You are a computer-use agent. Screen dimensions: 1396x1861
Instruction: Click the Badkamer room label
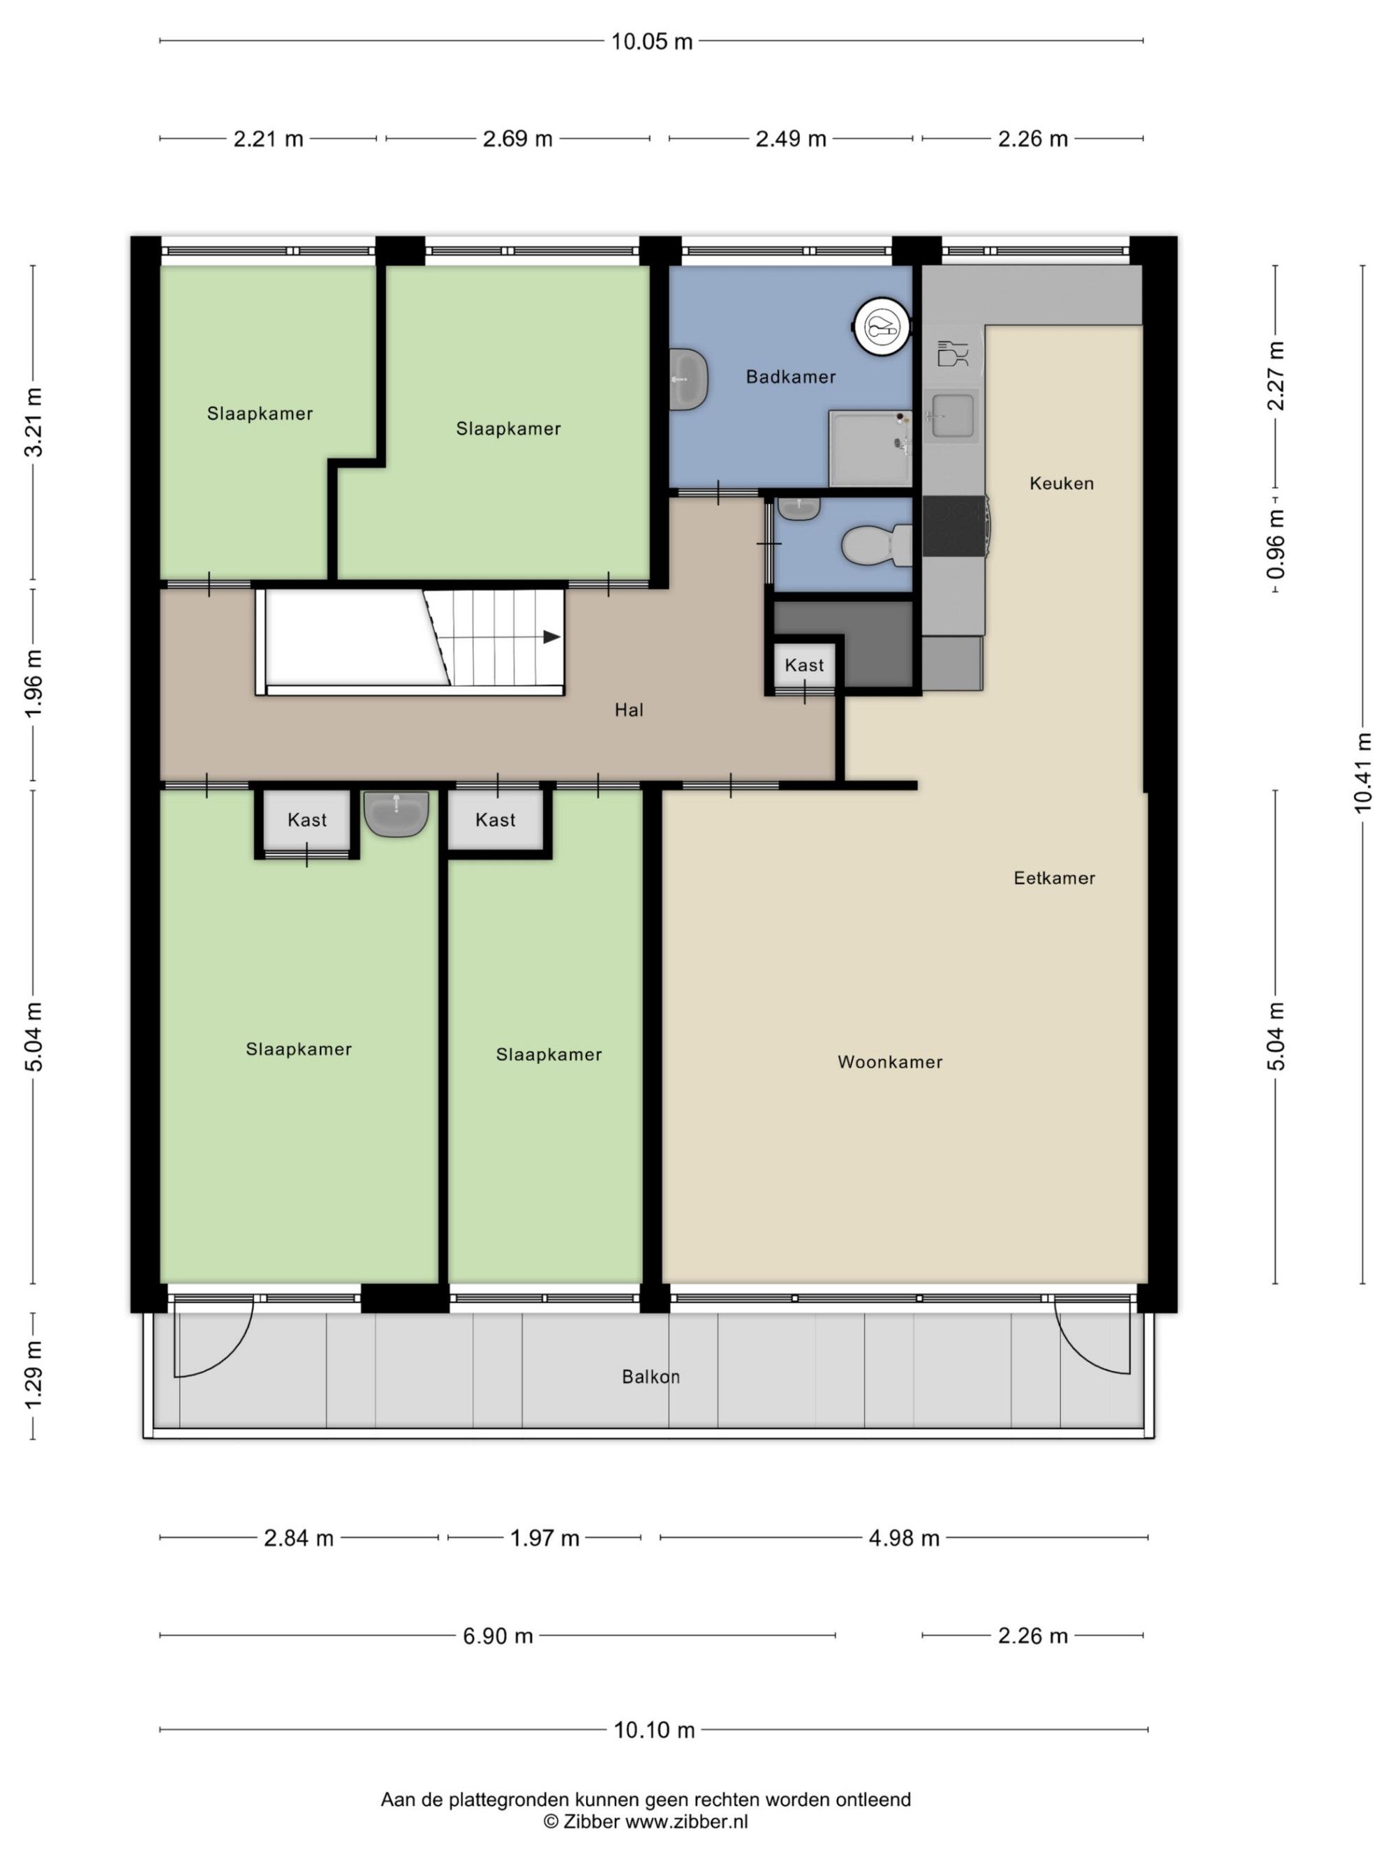click(x=790, y=377)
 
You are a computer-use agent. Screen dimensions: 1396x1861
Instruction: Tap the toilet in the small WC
click(x=876, y=545)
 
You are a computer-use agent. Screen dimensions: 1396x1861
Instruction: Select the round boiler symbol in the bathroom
click(x=882, y=324)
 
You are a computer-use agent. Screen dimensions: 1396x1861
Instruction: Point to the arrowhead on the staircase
click(x=551, y=637)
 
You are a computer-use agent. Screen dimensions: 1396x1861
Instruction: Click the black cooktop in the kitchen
click(x=954, y=526)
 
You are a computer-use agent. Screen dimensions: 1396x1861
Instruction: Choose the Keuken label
click(x=1061, y=483)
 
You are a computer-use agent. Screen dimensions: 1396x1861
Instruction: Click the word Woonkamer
click(x=889, y=1062)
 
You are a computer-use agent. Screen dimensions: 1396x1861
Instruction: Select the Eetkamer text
click(x=1053, y=878)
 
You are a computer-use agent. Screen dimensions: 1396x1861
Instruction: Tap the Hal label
click(x=629, y=710)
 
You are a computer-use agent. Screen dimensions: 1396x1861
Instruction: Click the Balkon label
click(x=651, y=1377)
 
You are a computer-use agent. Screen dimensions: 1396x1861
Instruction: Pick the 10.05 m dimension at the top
click(x=651, y=41)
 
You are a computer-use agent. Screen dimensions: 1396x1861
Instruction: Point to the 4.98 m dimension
click(x=904, y=1538)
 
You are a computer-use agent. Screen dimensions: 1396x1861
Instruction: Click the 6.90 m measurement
click(x=497, y=1636)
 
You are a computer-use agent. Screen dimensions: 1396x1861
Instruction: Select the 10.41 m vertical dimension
click(x=1362, y=773)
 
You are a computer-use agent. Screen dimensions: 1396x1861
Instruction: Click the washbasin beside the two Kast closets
click(x=396, y=814)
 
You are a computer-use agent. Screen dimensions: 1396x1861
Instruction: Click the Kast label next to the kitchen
click(x=803, y=664)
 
